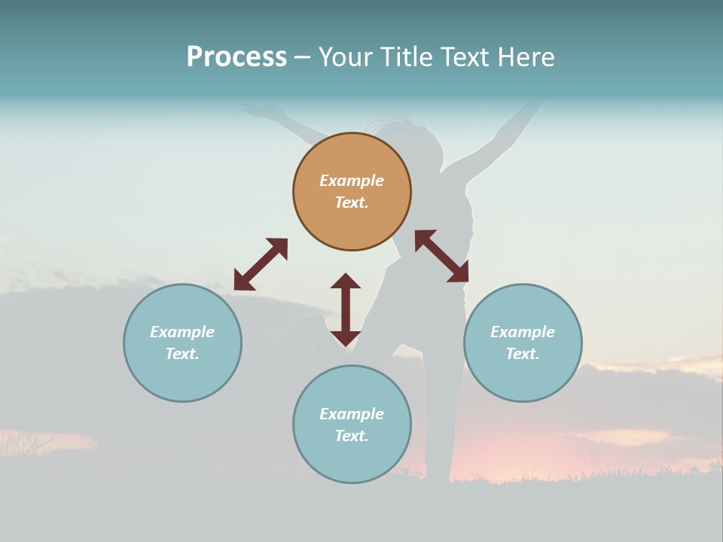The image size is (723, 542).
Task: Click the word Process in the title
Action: [236, 57]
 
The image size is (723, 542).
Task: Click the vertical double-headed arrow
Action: [346, 309]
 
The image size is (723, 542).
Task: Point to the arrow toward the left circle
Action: [261, 264]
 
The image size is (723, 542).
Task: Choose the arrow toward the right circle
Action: [441, 256]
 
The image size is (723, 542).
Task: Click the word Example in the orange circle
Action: [352, 181]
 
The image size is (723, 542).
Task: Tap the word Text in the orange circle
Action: [352, 202]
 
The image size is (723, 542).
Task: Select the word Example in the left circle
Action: [182, 332]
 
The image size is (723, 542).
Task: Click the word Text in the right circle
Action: [523, 354]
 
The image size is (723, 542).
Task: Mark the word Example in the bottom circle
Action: [352, 414]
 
